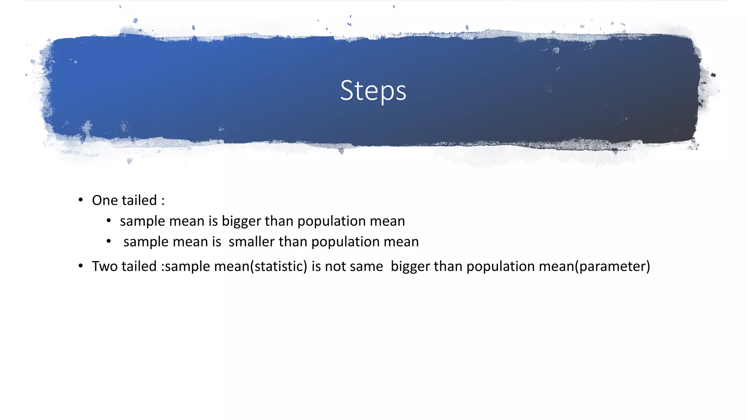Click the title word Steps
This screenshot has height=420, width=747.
(x=373, y=90)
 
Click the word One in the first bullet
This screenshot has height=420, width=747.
(x=105, y=200)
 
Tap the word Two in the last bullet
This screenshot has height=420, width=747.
(x=105, y=266)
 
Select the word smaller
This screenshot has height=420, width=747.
(x=252, y=242)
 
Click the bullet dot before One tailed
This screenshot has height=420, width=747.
(x=81, y=200)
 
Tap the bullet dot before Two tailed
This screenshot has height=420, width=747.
(x=81, y=266)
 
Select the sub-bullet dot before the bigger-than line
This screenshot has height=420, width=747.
(x=109, y=221)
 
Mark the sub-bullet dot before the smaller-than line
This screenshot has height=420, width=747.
(x=109, y=241)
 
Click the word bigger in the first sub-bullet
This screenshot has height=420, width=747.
(x=241, y=221)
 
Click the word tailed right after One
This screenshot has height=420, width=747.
(x=139, y=200)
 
